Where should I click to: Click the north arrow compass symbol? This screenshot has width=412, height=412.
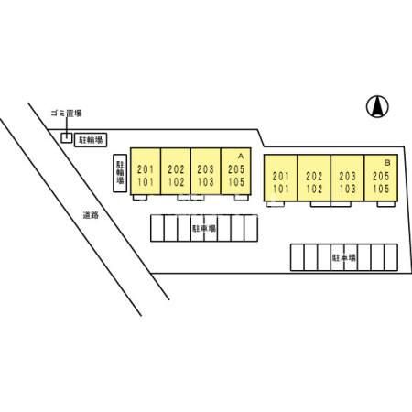377,106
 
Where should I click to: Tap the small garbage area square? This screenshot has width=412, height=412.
67,138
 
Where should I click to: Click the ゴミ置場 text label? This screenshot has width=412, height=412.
66,114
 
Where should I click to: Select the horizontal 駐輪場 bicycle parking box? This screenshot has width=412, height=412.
91,140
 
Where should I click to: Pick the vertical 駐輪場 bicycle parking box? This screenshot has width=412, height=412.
120,173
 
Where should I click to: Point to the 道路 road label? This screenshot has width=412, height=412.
91,215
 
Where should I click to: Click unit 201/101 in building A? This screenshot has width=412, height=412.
146,171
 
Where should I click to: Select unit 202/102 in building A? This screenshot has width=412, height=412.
176,171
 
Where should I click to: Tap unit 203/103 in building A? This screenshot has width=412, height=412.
205,171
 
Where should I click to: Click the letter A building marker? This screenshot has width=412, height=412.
241,157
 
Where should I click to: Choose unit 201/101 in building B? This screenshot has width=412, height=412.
280,178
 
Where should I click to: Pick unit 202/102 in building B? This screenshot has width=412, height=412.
314,178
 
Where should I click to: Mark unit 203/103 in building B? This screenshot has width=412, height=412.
347,178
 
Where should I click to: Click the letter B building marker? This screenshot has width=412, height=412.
387,163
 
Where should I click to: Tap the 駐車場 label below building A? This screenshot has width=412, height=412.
204,228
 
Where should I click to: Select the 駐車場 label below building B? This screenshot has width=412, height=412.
344,257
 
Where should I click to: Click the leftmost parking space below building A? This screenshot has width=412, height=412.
157,228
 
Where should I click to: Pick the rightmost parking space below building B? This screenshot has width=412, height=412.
391,257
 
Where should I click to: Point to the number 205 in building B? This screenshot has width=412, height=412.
381,176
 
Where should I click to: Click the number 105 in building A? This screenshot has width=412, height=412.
236,182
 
